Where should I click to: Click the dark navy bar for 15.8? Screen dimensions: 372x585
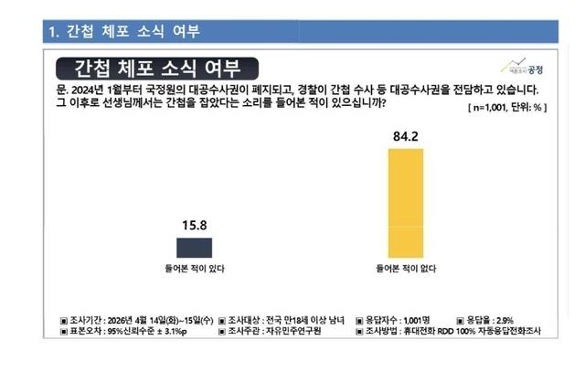point(199,246)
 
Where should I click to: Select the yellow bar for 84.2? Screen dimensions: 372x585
point(405,202)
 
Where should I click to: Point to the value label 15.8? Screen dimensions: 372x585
point(199,222)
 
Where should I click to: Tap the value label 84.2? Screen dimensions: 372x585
point(405,137)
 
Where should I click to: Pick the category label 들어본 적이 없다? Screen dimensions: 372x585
point(405,270)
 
